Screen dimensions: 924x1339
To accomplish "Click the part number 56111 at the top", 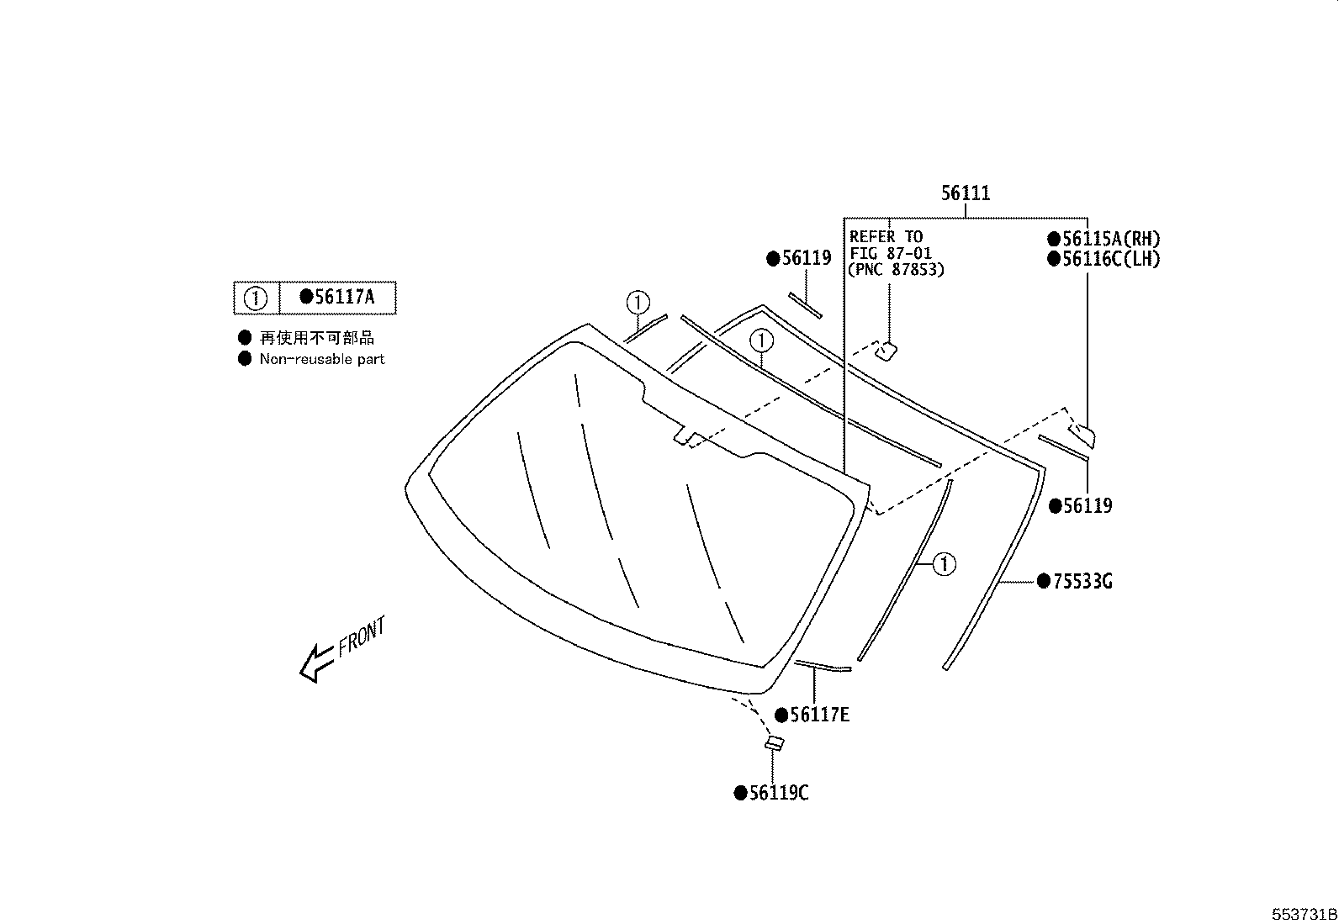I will (x=966, y=193).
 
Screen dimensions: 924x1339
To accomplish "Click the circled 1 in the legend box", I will (x=256, y=298).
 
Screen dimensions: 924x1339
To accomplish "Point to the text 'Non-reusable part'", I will (x=321, y=359).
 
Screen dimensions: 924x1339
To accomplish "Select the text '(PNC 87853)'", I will (x=897, y=270).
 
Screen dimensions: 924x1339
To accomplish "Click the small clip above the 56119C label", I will (x=774, y=743).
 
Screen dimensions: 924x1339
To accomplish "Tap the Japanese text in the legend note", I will (x=316, y=338).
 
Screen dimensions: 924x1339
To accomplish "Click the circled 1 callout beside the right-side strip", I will (x=945, y=563).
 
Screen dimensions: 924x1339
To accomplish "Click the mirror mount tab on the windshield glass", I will (x=684, y=436).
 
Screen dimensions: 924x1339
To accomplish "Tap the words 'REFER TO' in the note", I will (x=886, y=237).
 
